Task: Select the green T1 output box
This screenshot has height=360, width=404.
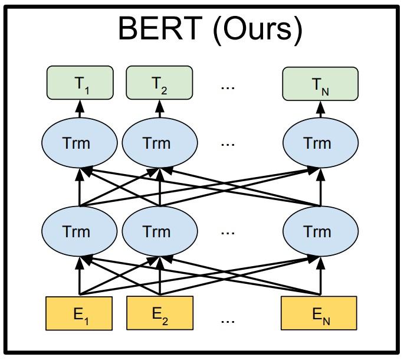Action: (80, 83)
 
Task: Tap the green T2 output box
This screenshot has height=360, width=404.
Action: (159, 83)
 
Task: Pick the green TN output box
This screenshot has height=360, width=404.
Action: (320, 83)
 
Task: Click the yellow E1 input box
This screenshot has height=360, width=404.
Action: (80, 313)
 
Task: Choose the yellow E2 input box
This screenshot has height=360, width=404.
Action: (159, 313)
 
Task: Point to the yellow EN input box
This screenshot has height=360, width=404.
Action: (320, 313)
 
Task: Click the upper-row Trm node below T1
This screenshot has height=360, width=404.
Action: (80, 143)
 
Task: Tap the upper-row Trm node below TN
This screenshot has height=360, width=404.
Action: (320, 143)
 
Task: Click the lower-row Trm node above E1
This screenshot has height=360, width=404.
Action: (80, 231)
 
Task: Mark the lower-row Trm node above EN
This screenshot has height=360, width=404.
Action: (320, 231)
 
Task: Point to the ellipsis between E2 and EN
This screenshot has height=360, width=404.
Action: (228, 320)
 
